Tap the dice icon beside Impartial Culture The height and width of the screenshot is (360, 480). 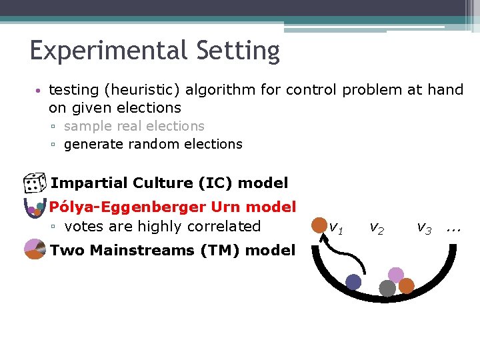(33, 183)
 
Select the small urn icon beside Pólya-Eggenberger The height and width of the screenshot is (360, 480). (33, 208)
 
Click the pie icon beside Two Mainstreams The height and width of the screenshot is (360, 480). (34, 250)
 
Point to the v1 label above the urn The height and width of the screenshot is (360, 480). (336, 228)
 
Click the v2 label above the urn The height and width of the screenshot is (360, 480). (377, 228)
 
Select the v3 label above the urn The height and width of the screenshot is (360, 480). (424, 228)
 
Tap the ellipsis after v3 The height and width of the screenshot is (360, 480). (454, 228)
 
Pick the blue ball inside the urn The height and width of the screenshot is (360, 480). (353, 282)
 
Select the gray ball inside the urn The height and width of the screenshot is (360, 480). (387, 288)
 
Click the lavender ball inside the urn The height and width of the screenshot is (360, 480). (396, 275)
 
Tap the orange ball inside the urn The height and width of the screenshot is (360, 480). (406, 286)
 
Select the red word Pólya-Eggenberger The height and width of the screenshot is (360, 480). (137, 207)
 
